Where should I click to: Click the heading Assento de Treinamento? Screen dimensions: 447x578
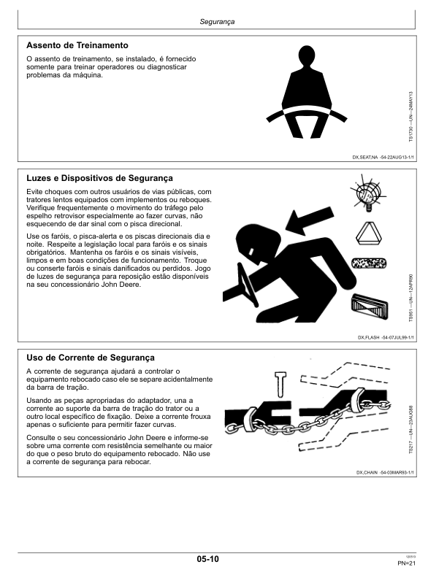(x=77, y=45)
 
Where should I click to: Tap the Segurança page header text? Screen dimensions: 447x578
(x=217, y=22)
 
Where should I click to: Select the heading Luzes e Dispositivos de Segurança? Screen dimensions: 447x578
(x=99, y=178)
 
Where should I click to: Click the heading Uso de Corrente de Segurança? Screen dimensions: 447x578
(x=91, y=358)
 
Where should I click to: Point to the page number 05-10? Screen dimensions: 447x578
(x=207, y=559)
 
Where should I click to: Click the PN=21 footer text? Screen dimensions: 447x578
(x=406, y=563)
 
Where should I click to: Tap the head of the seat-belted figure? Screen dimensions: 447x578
(x=307, y=57)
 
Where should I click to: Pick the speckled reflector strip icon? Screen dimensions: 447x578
(x=369, y=263)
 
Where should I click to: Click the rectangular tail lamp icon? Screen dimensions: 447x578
(x=370, y=306)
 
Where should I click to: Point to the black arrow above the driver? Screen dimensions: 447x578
(x=309, y=222)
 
